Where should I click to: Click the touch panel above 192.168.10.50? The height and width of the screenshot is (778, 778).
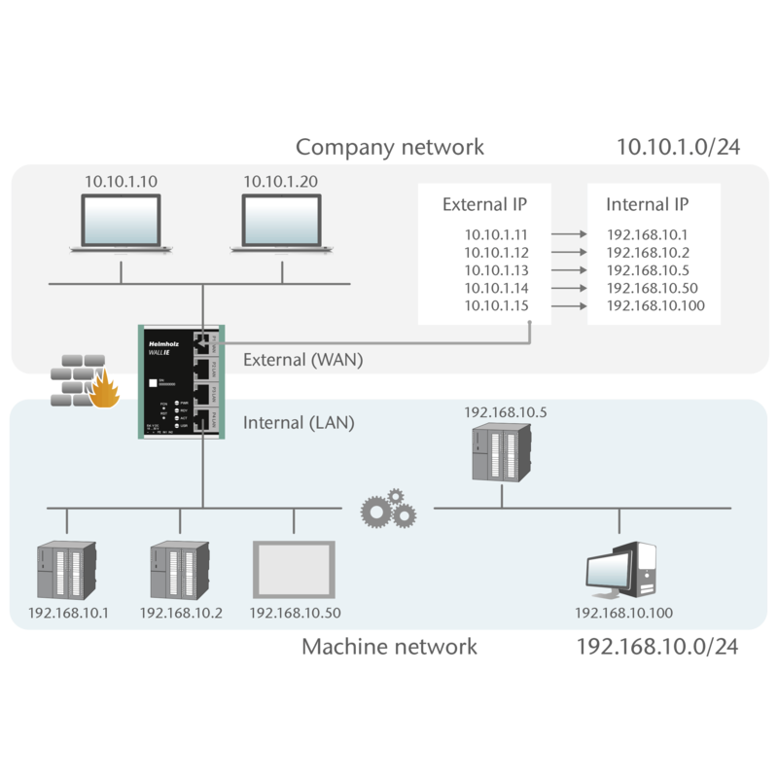[295, 570]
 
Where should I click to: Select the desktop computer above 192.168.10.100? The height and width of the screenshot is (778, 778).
[623, 570]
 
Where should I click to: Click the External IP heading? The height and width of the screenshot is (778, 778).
[483, 205]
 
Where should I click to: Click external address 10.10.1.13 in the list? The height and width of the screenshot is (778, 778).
[497, 270]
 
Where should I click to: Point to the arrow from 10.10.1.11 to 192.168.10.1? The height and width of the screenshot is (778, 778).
[568, 234]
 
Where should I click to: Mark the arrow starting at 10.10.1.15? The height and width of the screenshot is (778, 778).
[568, 306]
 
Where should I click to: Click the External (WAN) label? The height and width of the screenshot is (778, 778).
[301, 360]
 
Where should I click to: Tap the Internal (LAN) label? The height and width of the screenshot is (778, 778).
[297, 423]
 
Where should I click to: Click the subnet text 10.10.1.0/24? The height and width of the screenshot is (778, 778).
[678, 147]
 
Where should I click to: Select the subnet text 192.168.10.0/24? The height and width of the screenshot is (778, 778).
[657, 646]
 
